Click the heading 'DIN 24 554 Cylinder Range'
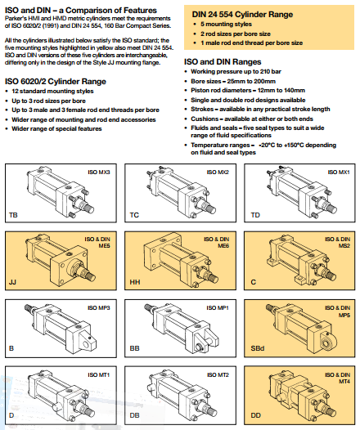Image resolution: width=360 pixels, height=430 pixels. [x=242, y=14]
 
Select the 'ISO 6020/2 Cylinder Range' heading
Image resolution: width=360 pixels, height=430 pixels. [x=56, y=82]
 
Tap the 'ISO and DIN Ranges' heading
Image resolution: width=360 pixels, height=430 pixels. [x=223, y=61]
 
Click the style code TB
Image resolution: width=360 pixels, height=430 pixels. [x=13, y=215]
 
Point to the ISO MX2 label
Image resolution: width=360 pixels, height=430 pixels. [x=218, y=172]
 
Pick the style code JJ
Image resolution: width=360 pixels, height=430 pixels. [x=12, y=282]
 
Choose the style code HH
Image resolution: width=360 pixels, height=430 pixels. [x=135, y=282]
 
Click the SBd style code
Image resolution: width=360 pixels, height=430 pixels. [x=258, y=348]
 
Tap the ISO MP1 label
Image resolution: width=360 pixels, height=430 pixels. [x=218, y=308]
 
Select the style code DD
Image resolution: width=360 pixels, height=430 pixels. [x=256, y=415]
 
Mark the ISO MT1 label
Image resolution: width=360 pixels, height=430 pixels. [x=99, y=375]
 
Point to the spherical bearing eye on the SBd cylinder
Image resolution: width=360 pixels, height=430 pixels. [x=327, y=342]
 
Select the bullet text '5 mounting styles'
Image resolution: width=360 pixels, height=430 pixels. [x=226, y=25]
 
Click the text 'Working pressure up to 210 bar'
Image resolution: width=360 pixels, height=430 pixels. [x=236, y=72]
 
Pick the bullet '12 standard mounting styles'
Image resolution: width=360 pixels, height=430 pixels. [x=52, y=91]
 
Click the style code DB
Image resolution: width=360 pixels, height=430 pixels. [x=135, y=415]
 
